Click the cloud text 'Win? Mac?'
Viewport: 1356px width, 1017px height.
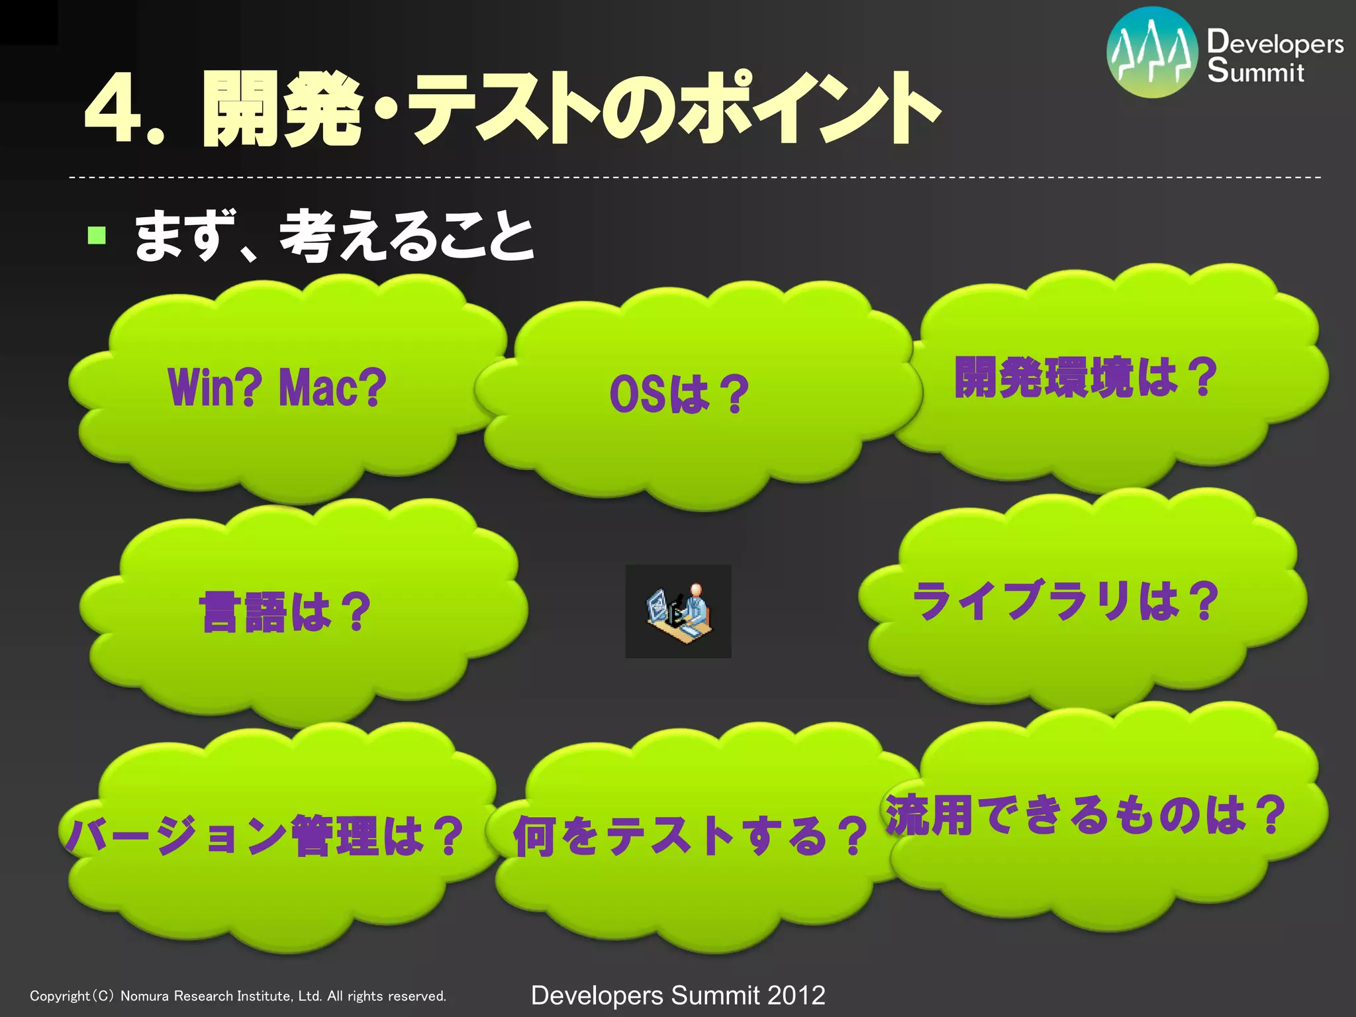click(x=277, y=388)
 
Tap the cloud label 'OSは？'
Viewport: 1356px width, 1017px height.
click(x=679, y=394)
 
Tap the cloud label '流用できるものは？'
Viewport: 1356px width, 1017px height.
click(x=1086, y=814)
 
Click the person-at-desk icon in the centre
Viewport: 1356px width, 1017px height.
click(x=679, y=611)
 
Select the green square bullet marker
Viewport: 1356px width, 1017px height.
click(x=97, y=235)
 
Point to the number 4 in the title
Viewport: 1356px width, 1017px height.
click(x=113, y=110)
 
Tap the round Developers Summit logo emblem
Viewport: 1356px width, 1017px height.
click(x=1152, y=52)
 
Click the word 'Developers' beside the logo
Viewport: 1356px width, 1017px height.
click(x=1275, y=43)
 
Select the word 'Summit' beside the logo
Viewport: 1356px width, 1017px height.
click(x=1255, y=72)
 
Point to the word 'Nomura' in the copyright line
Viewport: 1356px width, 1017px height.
click(x=144, y=996)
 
